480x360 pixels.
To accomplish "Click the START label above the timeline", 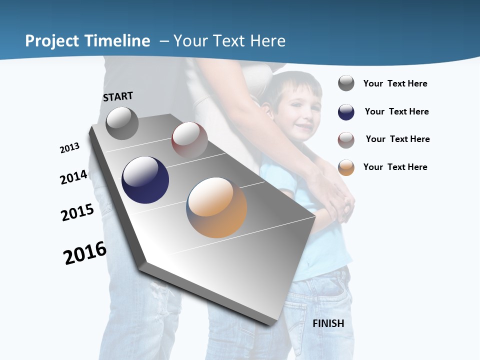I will [x=118, y=96].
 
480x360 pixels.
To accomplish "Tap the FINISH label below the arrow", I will [x=328, y=323].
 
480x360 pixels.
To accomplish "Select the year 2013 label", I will [x=69, y=148].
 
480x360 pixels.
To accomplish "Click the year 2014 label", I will [x=74, y=177].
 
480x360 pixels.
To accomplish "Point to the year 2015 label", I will [x=77, y=212].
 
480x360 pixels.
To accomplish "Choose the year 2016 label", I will [x=85, y=253].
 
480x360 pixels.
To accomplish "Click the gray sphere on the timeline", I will [x=122, y=123].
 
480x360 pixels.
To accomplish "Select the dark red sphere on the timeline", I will [x=189, y=140].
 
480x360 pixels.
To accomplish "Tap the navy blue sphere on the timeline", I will [x=145, y=180].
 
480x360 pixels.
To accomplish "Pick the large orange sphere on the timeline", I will [x=216, y=207].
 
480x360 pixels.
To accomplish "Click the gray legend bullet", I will [x=346, y=83].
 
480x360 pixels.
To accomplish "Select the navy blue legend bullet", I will [x=346, y=112].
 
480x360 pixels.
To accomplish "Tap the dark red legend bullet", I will [x=346, y=140].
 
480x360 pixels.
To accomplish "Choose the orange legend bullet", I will [x=346, y=167].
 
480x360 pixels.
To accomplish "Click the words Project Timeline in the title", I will [x=87, y=41].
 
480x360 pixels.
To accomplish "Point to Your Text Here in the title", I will [x=229, y=41].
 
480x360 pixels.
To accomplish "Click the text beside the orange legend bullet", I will [x=395, y=167].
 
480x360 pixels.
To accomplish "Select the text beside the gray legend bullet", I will [x=395, y=83].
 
